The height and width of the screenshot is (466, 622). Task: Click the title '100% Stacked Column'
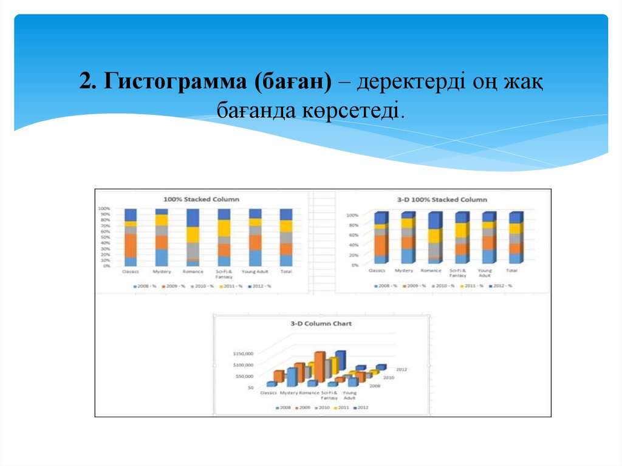click(x=202, y=199)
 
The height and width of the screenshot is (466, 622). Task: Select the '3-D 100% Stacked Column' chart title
click(x=442, y=199)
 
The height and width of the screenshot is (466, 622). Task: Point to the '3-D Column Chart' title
click(x=321, y=324)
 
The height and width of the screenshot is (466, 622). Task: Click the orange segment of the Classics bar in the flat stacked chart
click(x=131, y=245)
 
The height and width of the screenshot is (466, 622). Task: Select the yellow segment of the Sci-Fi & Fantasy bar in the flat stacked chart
click(x=224, y=228)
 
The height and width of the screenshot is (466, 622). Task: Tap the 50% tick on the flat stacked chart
click(x=104, y=237)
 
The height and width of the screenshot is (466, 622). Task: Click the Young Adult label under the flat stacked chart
click(x=255, y=272)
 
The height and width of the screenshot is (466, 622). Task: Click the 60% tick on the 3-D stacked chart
click(x=352, y=235)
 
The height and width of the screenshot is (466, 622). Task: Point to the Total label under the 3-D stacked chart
click(x=512, y=270)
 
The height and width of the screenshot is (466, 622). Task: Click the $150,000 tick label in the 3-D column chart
click(x=242, y=354)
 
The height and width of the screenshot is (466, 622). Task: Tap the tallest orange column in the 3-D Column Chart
click(x=319, y=366)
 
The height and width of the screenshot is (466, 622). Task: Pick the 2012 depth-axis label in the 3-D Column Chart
click(x=401, y=369)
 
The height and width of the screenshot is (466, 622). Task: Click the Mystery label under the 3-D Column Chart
click(x=289, y=393)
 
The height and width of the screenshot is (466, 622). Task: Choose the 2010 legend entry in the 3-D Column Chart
click(x=323, y=408)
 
